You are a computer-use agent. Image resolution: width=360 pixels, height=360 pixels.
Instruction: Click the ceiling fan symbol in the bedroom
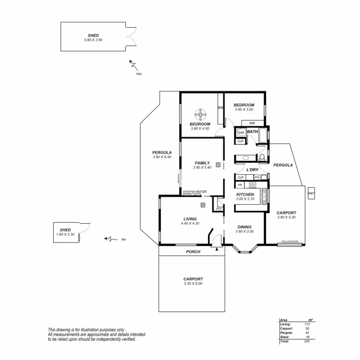coord(201,114)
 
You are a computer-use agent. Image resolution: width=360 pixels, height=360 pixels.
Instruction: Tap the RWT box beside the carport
coord(311,193)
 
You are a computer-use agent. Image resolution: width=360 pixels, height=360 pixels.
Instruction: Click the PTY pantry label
coord(219,209)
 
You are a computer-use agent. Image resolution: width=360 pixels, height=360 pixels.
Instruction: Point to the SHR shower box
coord(241,133)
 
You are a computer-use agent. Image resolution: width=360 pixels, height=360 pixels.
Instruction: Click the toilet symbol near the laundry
coord(262,157)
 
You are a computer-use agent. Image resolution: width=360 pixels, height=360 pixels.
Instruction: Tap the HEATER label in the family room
coord(201,192)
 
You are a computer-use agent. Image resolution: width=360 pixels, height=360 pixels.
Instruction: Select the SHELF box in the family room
coord(189,194)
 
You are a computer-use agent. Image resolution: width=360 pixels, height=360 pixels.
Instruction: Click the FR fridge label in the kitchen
coord(240,185)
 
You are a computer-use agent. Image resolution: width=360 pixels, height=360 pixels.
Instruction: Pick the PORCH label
coord(193,252)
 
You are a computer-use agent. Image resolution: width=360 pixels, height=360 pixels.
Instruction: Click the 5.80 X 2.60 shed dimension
coord(93,40)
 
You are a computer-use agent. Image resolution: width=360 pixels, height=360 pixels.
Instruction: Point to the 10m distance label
coord(139,74)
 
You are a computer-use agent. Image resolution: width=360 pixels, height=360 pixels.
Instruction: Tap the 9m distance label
coord(124,239)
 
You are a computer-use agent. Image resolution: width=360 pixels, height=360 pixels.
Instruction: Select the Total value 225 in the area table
coord(307,341)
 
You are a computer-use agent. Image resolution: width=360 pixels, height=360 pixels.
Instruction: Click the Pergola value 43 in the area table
coord(307,333)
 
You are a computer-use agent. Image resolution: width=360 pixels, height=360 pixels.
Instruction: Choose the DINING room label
coord(244,227)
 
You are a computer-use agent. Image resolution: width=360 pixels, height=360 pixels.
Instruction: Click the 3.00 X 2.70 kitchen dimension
coord(245,199)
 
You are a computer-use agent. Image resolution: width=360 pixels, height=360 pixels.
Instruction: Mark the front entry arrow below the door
coord(217,249)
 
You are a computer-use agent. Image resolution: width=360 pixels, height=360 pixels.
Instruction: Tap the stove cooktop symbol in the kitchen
coord(252,184)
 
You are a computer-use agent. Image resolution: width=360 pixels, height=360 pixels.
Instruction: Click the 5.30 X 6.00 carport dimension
coord(193,283)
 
